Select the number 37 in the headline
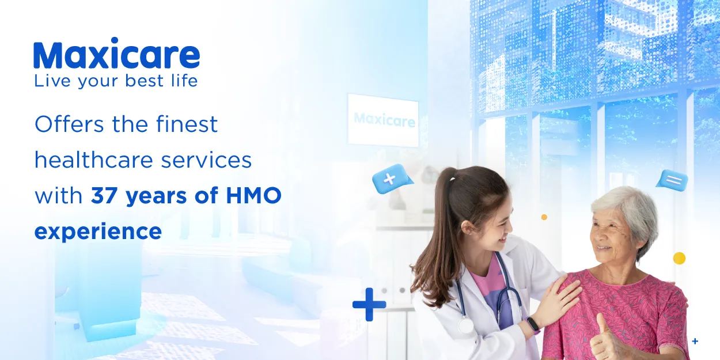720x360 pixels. click(x=105, y=196)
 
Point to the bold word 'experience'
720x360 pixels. click(x=98, y=232)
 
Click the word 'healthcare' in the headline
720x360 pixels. click(x=90, y=160)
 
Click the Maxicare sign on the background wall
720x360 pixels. click(x=383, y=120)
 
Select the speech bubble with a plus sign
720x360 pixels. click(x=391, y=179)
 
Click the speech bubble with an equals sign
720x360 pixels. click(x=672, y=180)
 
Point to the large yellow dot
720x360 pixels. click(x=679, y=258)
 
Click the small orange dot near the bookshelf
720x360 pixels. click(x=544, y=217)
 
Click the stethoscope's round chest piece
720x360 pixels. click(x=465, y=326)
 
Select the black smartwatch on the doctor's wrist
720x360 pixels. click(x=533, y=325)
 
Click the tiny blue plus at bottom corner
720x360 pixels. click(x=695, y=342)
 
